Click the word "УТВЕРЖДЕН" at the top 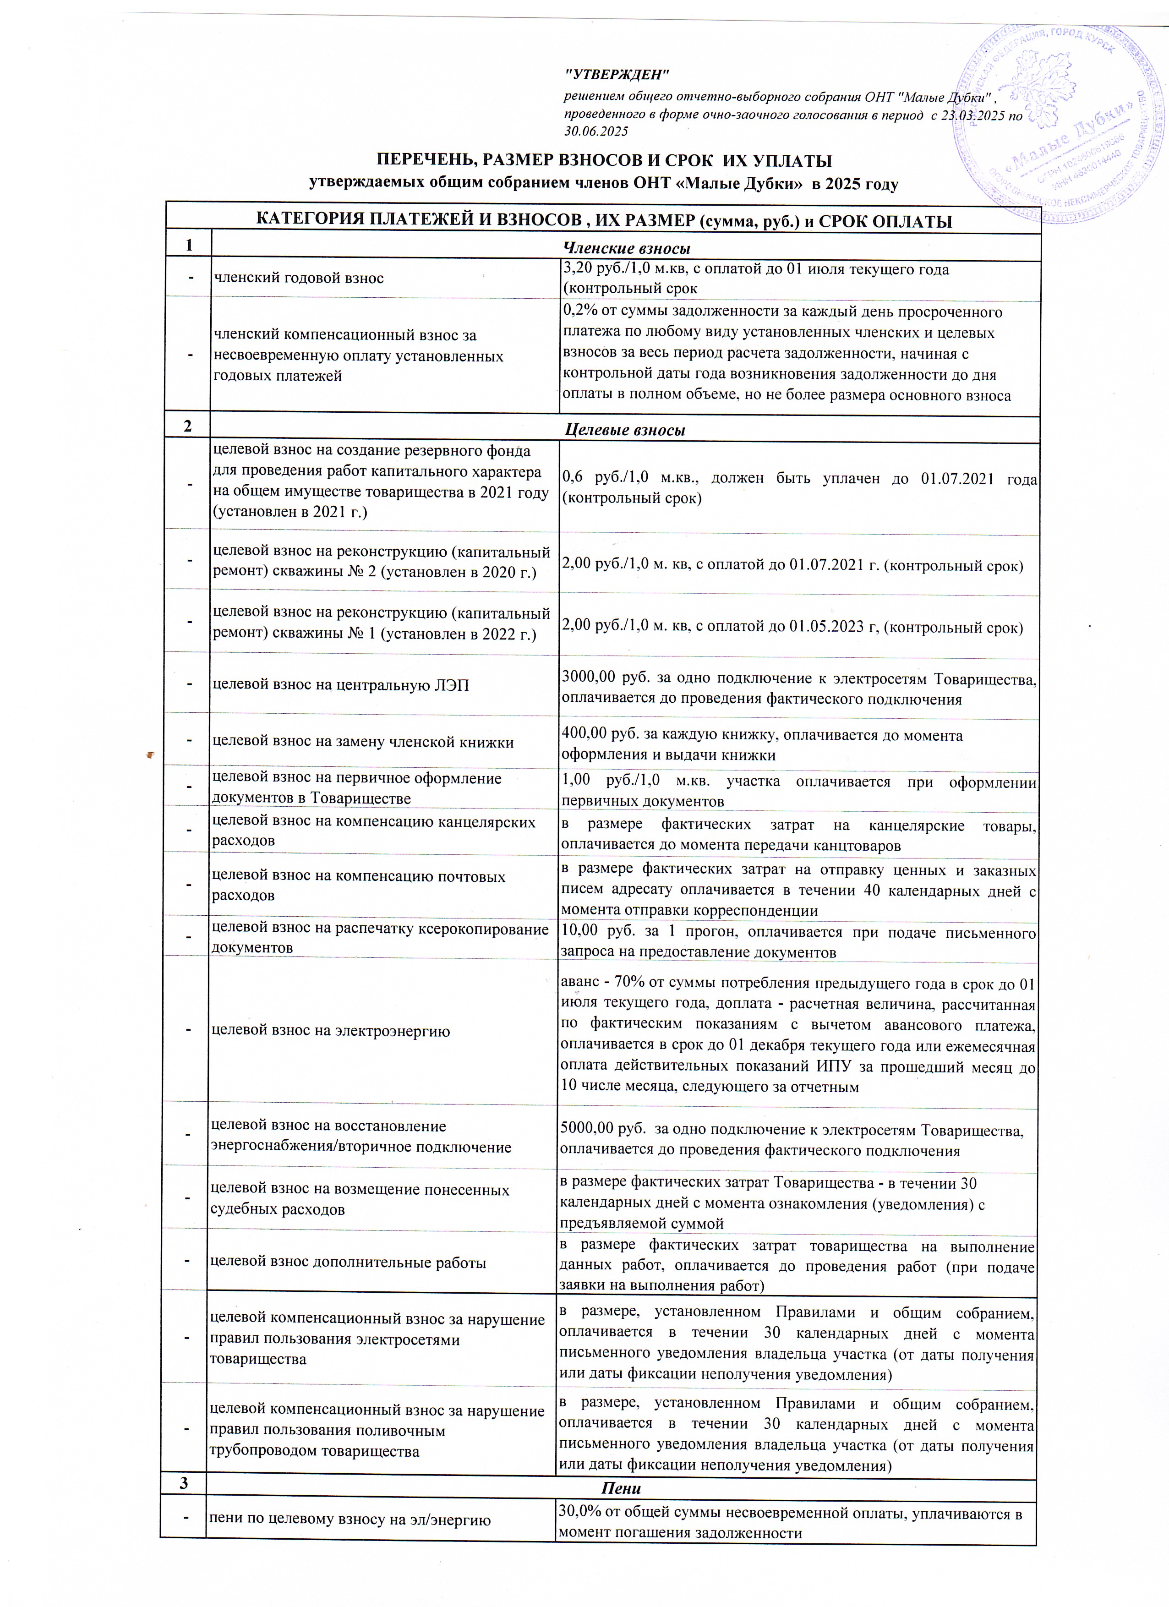(x=617, y=74)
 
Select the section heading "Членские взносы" (x=626, y=248)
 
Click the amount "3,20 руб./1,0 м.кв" (x=621, y=269)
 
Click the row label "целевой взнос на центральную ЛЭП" (x=341, y=685)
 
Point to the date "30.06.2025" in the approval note (x=596, y=131)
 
